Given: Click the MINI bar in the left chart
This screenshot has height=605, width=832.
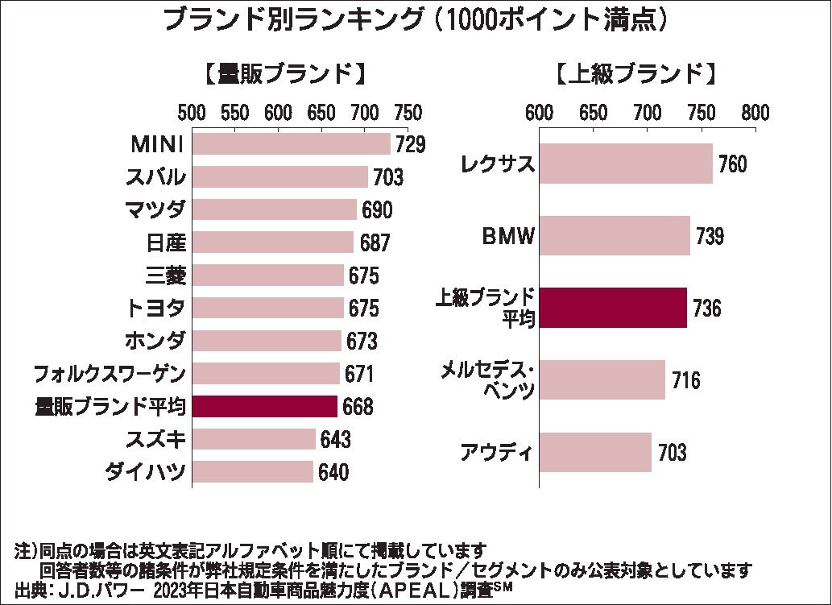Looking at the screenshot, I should coord(291,144).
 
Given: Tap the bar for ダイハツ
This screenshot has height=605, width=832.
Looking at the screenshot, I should coord(252,472).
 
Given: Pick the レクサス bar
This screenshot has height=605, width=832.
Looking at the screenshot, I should coord(625,164).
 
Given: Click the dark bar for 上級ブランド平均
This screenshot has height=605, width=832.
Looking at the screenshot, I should coord(612,308).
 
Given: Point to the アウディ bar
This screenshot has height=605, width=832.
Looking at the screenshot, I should coord(594,452).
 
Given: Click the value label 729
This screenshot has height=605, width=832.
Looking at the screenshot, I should coord(409,145).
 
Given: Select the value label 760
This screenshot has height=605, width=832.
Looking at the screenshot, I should coord(731,164).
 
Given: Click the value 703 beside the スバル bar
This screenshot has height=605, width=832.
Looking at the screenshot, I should coord(387,177).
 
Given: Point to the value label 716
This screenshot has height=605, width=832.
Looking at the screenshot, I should coord(685,380).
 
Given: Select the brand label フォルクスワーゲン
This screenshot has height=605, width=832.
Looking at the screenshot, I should coord(110,374).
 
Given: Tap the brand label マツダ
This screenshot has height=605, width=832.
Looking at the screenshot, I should coord(156,210).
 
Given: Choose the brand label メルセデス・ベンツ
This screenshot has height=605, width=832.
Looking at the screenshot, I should coord(487,380).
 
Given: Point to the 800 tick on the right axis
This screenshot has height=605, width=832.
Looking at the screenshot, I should coord(755,111).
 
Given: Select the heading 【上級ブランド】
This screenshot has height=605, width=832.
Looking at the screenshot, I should coord(635,74).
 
